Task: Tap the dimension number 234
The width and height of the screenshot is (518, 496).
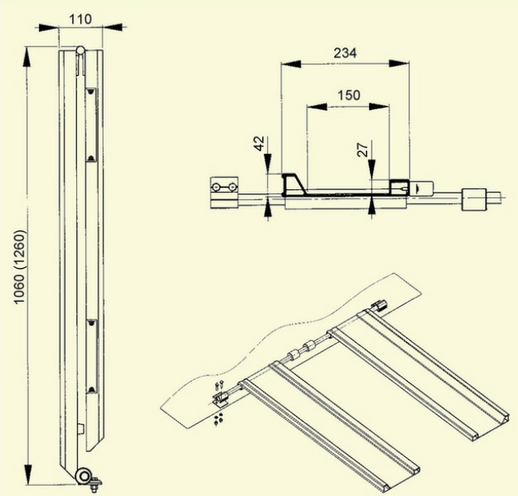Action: click(346, 53)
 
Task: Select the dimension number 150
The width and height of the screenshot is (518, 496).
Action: click(347, 95)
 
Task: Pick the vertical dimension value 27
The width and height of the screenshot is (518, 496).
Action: click(363, 150)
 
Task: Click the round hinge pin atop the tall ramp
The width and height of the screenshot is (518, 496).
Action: click(80, 52)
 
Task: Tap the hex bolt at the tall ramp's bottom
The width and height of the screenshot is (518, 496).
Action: click(94, 485)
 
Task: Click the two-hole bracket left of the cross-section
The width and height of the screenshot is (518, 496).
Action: click(223, 191)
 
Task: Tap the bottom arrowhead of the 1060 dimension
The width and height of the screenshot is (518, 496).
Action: click(30, 477)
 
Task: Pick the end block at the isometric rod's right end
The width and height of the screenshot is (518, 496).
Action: click(378, 306)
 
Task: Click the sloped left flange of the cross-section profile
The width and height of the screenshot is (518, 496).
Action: click(291, 181)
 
